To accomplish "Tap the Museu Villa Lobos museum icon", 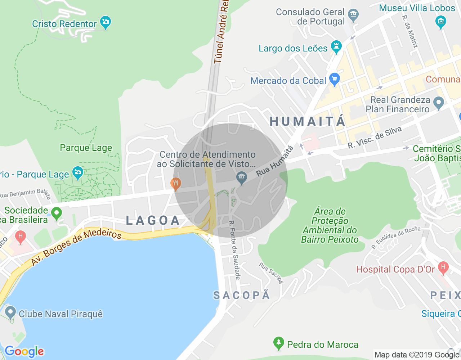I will tap(441, 22).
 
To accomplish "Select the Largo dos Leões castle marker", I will tap(336, 47).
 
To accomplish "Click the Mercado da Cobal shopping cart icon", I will tap(335, 79).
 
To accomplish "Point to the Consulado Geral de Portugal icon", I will tap(354, 15).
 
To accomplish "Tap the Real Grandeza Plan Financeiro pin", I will tap(438, 103).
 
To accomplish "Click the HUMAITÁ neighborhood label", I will tap(308, 122).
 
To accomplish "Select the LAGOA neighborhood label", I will tap(153, 220).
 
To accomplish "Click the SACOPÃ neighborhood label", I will tap(242, 296).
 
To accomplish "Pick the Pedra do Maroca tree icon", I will tap(278, 343).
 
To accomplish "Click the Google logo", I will tap(24, 351).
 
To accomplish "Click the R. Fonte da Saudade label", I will tap(234, 250).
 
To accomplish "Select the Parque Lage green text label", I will tap(86, 148).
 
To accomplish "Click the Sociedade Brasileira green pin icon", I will tap(57, 213).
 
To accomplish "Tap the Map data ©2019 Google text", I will tap(417, 355).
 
